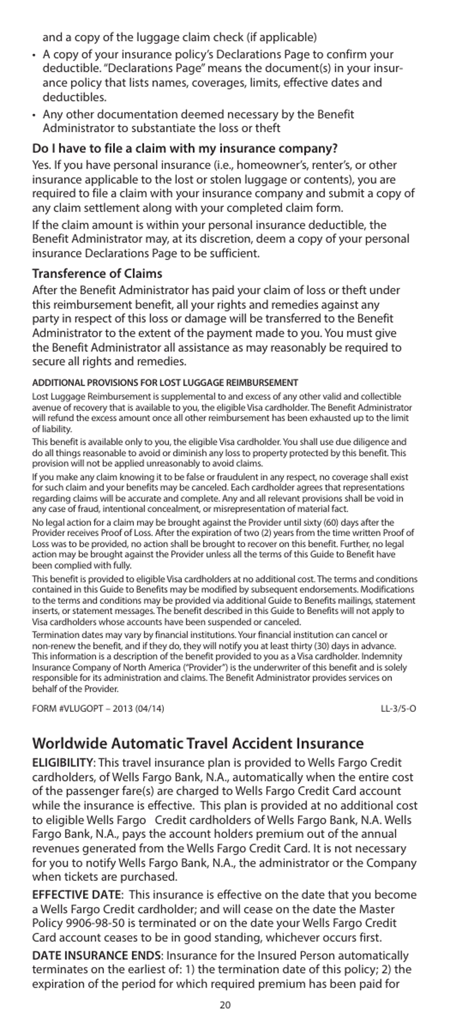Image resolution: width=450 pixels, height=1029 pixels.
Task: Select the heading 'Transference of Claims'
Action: pyautogui.click(x=97, y=273)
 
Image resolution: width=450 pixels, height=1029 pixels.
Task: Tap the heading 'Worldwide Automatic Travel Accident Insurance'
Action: pyautogui.click(x=198, y=743)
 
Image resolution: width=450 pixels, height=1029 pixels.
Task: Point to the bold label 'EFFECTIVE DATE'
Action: pyautogui.click(x=76, y=895)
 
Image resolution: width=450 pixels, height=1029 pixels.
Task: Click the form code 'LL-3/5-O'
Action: pyautogui.click(x=398, y=710)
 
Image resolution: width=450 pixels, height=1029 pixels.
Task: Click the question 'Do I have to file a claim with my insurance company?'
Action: pyautogui.click(x=185, y=148)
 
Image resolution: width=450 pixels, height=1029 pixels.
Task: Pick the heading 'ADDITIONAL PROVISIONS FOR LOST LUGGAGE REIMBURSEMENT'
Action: pyautogui.click(x=165, y=382)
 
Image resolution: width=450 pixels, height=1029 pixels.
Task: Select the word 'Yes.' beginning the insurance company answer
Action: pyautogui.click(x=41, y=165)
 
